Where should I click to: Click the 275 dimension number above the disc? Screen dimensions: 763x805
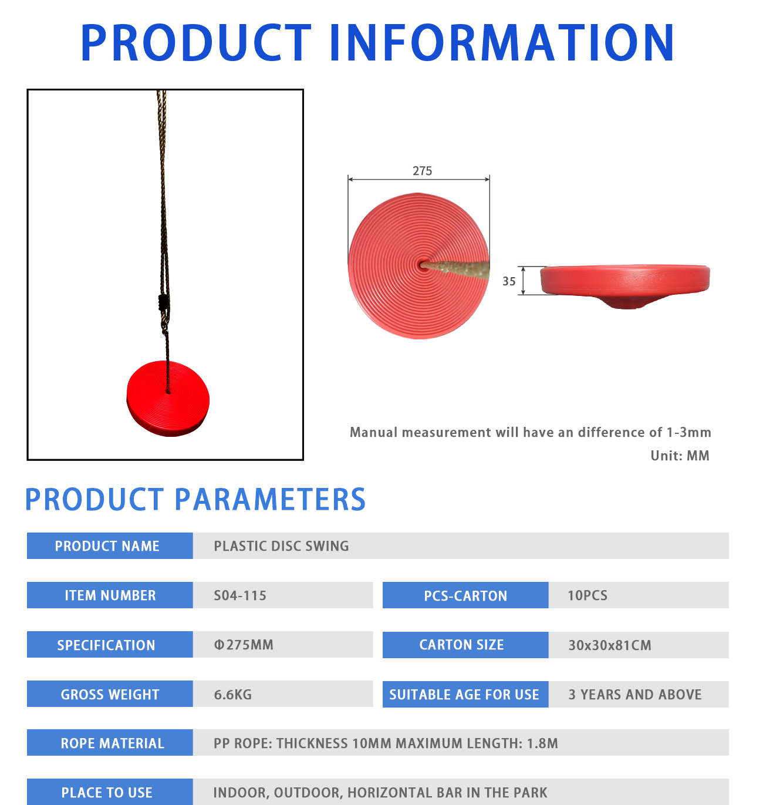[422, 171]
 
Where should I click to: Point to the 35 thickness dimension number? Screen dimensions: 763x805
[509, 281]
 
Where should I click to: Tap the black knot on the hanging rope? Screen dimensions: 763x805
[163, 303]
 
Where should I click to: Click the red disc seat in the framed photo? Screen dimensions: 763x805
[168, 399]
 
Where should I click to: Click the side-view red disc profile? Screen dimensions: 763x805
[624, 285]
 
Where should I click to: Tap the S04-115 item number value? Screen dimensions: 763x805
[240, 595]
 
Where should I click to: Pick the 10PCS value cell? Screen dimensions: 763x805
[638, 595]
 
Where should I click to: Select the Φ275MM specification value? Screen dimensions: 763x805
[244, 645]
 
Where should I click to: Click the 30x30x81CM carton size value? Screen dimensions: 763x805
[609, 645]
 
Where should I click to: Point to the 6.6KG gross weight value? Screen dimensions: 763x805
[232, 695]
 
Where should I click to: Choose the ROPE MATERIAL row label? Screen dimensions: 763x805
[110, 743]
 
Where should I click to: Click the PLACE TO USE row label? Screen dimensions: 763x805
[110, 792]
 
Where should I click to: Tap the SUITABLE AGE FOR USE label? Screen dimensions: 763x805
[465, 695]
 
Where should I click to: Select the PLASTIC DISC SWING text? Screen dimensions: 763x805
[281, 546]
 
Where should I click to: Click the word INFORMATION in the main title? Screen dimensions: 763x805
[502, 43]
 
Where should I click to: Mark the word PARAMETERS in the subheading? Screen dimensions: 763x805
[270, 500]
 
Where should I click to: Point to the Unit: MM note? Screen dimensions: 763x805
[680, 456]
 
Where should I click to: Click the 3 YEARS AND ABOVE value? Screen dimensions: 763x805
[635, 695]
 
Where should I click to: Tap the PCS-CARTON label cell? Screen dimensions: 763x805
[465, 595]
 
